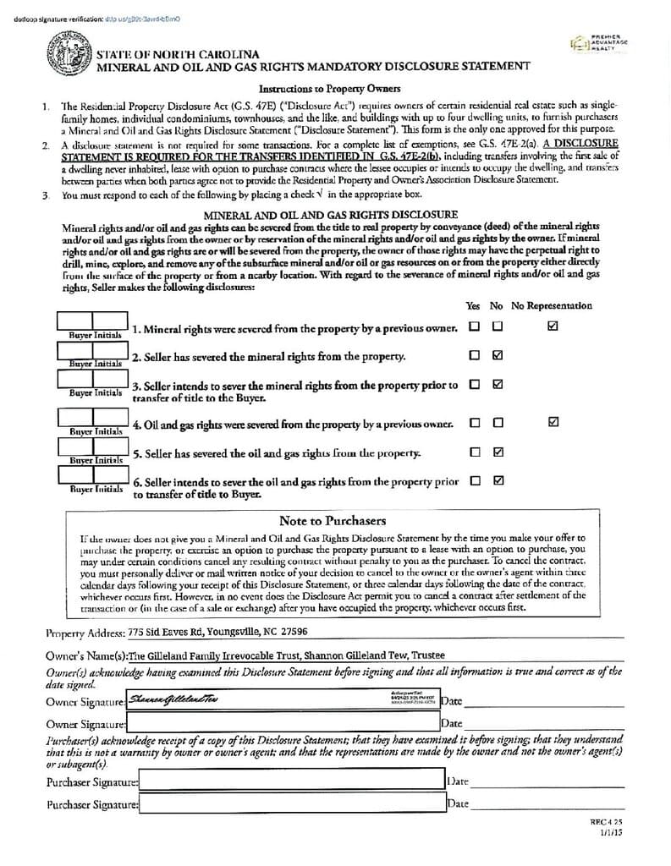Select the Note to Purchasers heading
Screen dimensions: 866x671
(333, 521)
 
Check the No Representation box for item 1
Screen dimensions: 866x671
(553, 326)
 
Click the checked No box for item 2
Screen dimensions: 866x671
(498, 355)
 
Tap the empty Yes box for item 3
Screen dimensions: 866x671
(475, 384)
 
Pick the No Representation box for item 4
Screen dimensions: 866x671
(553, 422)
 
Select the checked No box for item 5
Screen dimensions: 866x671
(498, 452)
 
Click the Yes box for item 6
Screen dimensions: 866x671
(475, 480)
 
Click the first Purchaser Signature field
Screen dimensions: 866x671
(292, 782)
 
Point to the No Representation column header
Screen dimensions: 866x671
(552, 305)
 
